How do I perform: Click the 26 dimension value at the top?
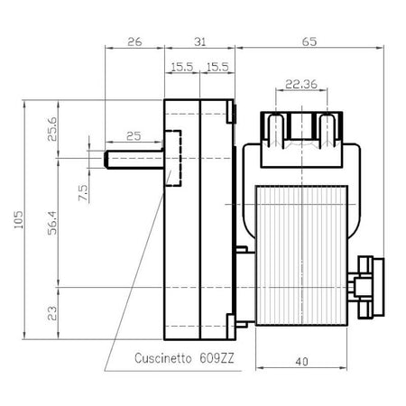(134, 42)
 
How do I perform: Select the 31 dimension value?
(200, 42)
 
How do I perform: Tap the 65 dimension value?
(309, 42)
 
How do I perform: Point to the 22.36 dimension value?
(301, 84)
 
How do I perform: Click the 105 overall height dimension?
(19, 219)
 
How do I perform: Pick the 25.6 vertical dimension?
(52, 129)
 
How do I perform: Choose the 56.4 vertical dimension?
(52, 223)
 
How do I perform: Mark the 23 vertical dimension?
(52, 313)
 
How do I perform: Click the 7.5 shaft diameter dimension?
(83, 193)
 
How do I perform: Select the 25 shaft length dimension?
(134, 136)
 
